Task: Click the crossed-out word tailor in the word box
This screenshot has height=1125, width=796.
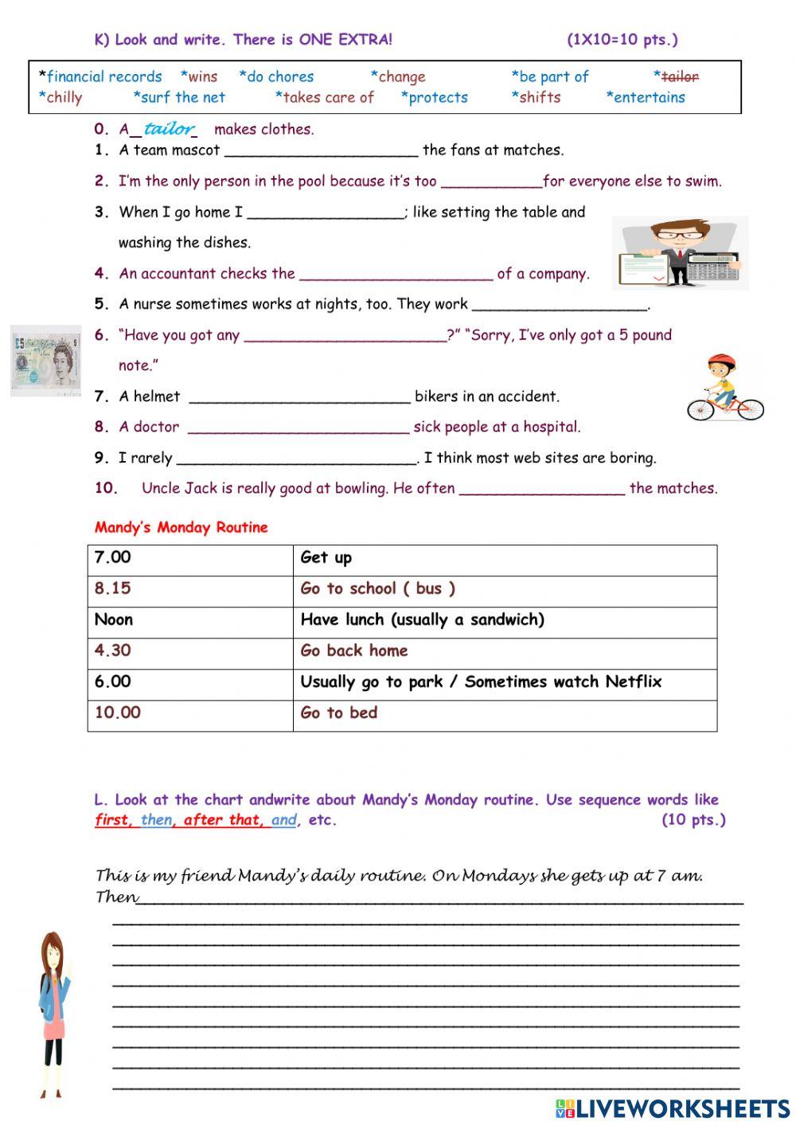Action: coord(680,77)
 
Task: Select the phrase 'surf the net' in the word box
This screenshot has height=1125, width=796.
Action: coord(182,98)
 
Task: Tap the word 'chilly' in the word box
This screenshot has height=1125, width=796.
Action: coord(64,98)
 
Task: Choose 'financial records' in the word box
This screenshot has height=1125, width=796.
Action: coord(103,77)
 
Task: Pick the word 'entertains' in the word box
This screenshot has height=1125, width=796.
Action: coord(649,98)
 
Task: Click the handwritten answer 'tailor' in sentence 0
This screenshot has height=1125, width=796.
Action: coord(169,128)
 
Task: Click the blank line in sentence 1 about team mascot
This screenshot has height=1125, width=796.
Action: coord(321,151)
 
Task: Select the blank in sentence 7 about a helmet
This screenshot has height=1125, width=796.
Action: coord(299,397)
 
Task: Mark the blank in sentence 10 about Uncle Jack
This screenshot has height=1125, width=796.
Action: coord(542,490)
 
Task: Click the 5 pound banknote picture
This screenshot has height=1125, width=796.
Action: coord(46,361)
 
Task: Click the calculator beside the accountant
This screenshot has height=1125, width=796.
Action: coord(712,268)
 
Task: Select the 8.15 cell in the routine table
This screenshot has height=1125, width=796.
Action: coord(113,588)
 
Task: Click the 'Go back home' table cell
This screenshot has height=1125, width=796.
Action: coord(354,650)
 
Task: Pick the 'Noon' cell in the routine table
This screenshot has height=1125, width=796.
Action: coord(114,619)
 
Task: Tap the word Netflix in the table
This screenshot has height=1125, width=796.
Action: coord(633,682)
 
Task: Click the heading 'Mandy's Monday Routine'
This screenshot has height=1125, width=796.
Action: coord(181,527)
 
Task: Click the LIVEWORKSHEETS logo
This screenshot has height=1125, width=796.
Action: coord(673,1107)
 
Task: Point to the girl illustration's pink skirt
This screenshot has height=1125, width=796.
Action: coord(53,1026)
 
